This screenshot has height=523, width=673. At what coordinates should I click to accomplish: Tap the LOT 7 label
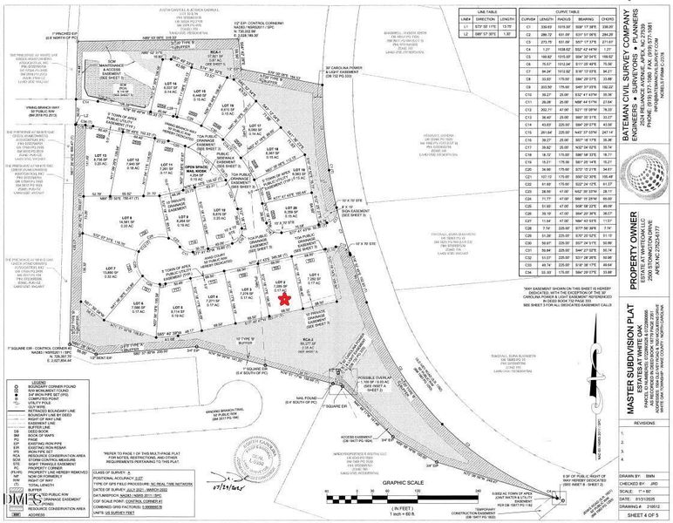tap(111, 245)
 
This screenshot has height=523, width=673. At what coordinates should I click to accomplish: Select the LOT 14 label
tap(172, 83)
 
